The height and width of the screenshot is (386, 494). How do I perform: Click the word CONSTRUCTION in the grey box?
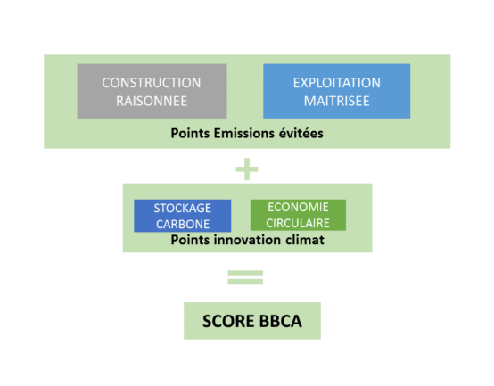pos(152,83)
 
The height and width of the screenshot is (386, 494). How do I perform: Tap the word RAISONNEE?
pos(152,101)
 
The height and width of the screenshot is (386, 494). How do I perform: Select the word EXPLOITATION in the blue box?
pos(337,83)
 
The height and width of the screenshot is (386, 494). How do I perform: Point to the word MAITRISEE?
pos(336,101)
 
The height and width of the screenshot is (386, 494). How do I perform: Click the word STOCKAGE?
pos(183,208)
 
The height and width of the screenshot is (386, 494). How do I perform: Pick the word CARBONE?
pos(183,224)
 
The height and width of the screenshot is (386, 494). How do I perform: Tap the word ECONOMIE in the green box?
pos(298,207)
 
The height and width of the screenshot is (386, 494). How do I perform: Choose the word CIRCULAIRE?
pos(298,223)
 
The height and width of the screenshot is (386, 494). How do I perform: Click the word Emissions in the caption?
pos(244,133)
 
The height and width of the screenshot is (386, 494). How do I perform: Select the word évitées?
pos(301,133)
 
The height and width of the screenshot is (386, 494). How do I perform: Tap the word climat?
pos(305,240)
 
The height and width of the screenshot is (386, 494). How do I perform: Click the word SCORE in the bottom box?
pos(228,321)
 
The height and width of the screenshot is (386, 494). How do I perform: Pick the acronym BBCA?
pos(281,321)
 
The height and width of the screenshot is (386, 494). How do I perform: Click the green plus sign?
pos(247,169)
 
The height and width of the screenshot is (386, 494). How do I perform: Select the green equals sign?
pos(245,277)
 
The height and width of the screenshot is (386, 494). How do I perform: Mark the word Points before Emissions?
pos(190,133)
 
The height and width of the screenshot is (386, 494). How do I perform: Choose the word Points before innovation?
pos(190,240)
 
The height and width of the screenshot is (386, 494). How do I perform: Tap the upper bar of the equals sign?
pos(245,273)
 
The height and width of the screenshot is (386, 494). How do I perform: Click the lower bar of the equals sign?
pos(245,282)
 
